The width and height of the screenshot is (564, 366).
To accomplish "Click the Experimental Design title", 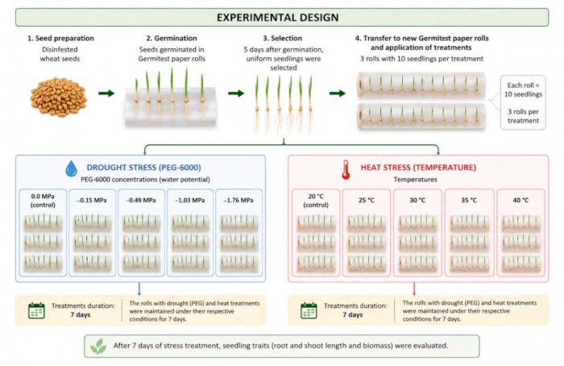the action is (x=277, y=17).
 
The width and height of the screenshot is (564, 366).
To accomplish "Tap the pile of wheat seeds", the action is (x=59, y=97).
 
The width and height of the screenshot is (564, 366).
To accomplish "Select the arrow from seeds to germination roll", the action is (x=106, y=94).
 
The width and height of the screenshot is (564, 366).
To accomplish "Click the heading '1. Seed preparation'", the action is (x=60, y=38).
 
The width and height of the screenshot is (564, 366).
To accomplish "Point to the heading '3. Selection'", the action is (x=283, y=38).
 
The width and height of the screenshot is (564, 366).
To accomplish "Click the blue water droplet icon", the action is (x=71, y=168).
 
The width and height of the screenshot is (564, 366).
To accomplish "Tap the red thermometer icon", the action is (x=346, y=170).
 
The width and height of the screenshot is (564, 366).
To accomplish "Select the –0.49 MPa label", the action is (x=141, y=201).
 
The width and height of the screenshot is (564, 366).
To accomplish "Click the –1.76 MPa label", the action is (x=238, y=201).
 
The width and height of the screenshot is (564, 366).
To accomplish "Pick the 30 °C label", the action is (x=417, y=200).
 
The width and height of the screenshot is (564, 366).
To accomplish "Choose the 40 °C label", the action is (x=520, y=200).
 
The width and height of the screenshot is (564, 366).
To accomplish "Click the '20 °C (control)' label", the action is (x=316, y=201).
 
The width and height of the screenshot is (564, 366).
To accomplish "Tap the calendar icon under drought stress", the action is (x=36, y=310).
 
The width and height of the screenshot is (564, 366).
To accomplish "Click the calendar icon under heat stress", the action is (x=309, y=310).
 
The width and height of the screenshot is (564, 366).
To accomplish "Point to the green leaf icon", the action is (x=98, y=346).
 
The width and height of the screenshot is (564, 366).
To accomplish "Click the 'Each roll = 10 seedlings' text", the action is (x=523, y=89).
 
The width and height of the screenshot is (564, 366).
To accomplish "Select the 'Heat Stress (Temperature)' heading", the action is (x=418, y=168).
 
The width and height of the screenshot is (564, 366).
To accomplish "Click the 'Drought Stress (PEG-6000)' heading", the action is (x=144, y=168).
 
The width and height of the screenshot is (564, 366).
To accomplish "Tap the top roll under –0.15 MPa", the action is (x=92, y=223).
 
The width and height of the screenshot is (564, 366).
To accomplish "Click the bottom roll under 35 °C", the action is (x=470, y=264).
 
